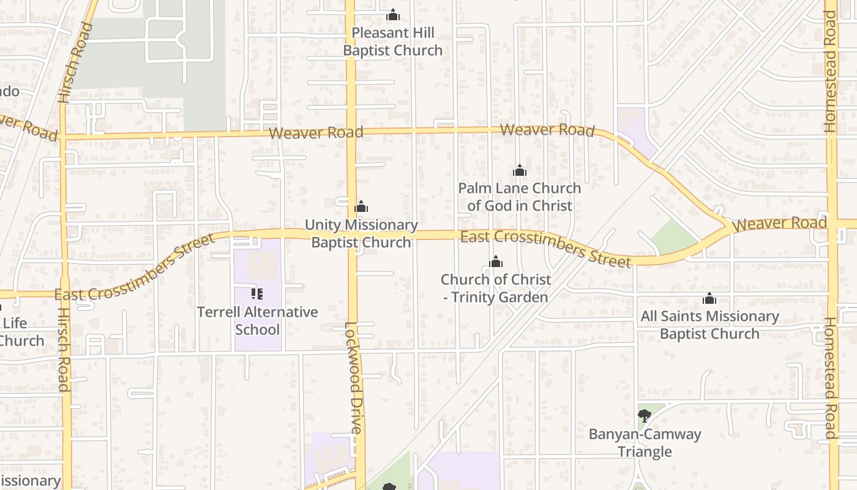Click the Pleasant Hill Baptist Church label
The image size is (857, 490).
point(392,42)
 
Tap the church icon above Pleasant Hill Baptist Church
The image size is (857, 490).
point(393,15)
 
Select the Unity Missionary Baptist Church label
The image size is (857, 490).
point(361,233)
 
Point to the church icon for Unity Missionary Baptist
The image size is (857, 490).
point(361,206)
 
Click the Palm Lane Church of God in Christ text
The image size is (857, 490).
point(520,197)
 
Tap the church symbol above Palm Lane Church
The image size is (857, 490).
point(520,170)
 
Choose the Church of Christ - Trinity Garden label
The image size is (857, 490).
point(495,288)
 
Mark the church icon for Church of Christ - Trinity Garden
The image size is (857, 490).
point(496,262)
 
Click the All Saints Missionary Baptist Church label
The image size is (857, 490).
point(709,325)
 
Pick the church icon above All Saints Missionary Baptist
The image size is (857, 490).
point(709,298)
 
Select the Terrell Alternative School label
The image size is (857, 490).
point(257,320)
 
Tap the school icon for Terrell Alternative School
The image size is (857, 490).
point(257,294)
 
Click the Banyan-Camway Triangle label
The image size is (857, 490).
point(645,443)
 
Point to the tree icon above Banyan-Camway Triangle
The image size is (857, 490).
point(645,417)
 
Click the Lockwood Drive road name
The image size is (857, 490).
point(353,377)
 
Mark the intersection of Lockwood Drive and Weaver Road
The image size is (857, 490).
point(351,132)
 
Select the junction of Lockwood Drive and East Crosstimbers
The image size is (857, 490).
point(352,234)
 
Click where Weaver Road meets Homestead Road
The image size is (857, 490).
point(832,224)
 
